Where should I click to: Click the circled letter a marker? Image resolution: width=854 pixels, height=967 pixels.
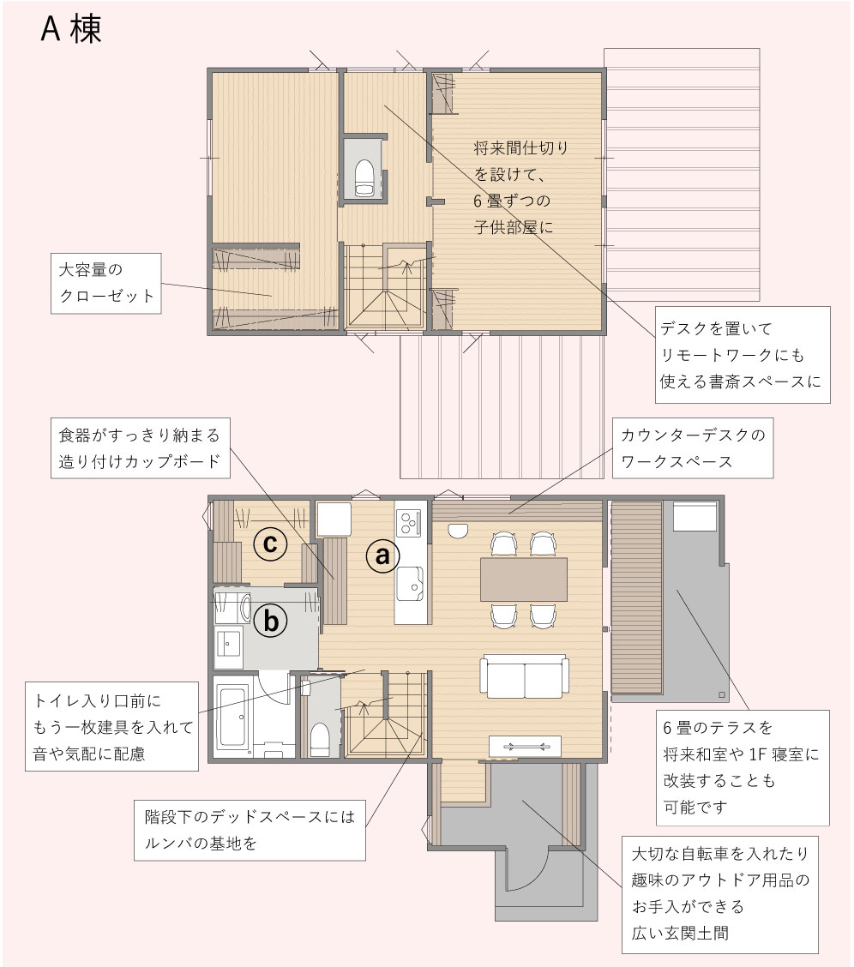pos(382,555)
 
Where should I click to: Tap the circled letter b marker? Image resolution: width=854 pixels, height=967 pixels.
pos(271,620)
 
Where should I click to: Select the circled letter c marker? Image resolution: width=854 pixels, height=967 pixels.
pos(270,544)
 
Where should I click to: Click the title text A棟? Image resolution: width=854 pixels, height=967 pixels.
pos(71,28)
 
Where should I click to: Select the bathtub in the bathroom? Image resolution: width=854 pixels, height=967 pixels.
pos(234,717)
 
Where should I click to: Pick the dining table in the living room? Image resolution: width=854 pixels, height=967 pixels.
pos(524,580)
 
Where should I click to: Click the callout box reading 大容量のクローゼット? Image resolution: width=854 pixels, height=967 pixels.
pos(106,283)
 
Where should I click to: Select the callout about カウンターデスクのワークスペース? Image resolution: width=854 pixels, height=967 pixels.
pos(693,448)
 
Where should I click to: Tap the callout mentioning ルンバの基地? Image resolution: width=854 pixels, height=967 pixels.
pos(250,830)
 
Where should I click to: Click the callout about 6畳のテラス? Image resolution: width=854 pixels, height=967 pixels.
pos(743,767)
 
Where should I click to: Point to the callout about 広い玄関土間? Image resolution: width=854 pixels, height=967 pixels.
pos(719,894)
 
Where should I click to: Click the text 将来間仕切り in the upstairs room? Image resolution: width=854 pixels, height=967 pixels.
pos(521,148)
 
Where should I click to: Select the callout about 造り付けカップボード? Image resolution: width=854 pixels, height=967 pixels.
pos(140,448)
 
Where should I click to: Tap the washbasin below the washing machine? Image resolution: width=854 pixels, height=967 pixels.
pos(229,645)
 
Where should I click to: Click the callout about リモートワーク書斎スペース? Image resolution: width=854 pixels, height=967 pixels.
pos(743,355)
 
